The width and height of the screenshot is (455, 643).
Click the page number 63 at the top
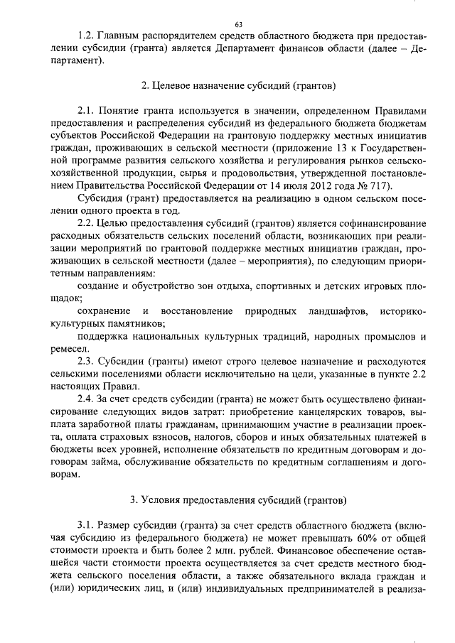click(x=227, y=24)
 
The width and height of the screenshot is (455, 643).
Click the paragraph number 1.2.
click(x=85, y=34)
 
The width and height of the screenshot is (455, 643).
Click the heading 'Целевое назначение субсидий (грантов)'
click(x=227, y=85)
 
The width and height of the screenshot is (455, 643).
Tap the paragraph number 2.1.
click(x=85, y=111)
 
